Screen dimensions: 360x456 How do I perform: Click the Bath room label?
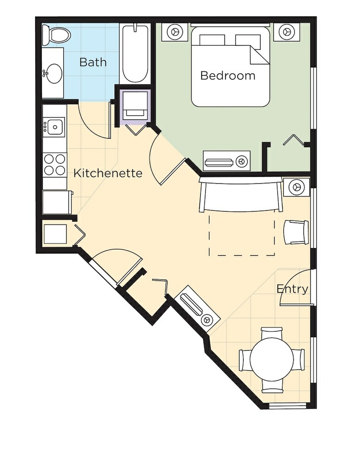(93, 62)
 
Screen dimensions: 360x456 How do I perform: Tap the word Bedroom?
(228, 76)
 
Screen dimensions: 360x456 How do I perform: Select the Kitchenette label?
(108, 173)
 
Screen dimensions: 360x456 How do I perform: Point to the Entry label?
(292, 289)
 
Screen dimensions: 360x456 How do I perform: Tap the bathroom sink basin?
(54, 73)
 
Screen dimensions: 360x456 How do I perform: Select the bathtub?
(135, 54)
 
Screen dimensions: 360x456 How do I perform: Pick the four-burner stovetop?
(55, 165)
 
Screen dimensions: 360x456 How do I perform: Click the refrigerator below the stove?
(57, 202)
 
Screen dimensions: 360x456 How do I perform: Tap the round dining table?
(271, 359)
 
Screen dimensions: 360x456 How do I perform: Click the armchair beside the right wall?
(296, 232)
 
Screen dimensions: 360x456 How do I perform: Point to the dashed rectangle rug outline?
(242, 255)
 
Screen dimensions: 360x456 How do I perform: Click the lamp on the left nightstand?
(174, 31)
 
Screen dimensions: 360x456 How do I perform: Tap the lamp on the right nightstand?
(287, 31)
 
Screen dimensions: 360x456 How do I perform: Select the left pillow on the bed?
(212, 40)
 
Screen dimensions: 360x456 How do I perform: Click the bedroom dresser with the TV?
(227, 161)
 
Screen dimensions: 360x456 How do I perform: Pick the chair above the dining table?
(271, 333)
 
